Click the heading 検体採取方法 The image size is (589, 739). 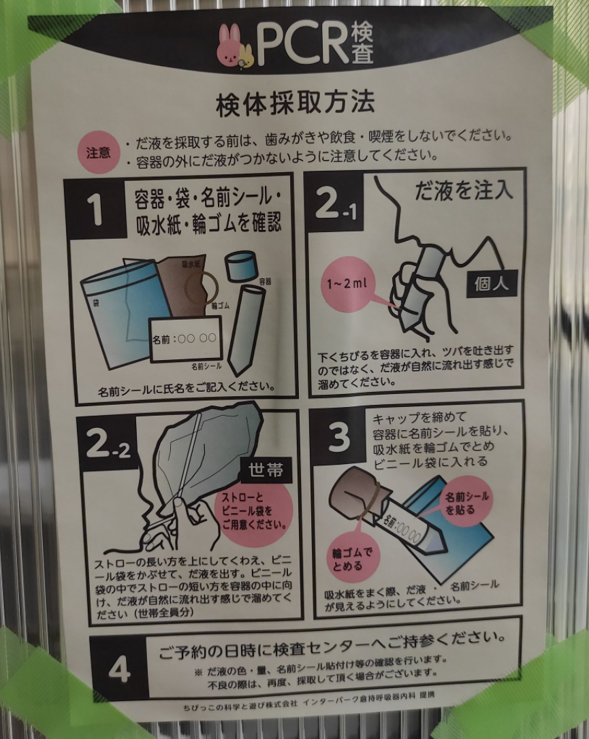pos(296,103)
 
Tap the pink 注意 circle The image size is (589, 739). pos(99,152)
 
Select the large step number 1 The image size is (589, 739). pos(95,210)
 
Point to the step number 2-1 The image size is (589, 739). pos(335,203)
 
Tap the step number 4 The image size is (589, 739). pos(119,669)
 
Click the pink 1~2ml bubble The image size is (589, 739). pos(348,284)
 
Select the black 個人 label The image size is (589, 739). pos(492,283)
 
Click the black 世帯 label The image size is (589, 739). pos(266,470)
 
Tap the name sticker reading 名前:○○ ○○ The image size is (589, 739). pos(185,339)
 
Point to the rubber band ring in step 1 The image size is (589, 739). pos(201,287)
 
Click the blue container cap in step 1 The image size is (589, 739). pos(240,266)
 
